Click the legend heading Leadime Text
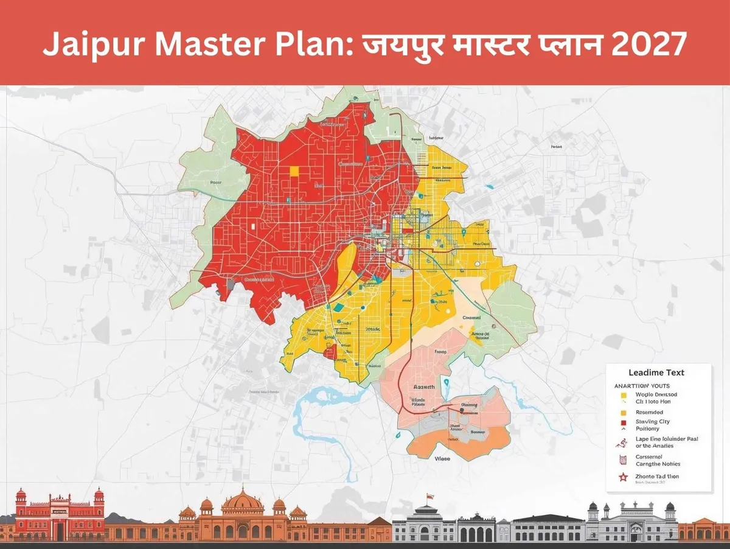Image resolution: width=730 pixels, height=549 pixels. click(656, 372)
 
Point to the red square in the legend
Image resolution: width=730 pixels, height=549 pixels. click(623, 422)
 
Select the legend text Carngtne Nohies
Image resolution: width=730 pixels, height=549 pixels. click(657, 464)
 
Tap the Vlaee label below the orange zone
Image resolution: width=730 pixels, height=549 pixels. click(442, 459)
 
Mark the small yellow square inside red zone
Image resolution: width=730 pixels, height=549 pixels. click(295, 171)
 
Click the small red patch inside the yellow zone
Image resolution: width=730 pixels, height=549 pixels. click(330, 352)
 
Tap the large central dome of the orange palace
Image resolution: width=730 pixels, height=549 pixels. click(242, 502)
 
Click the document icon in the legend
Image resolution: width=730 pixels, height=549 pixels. click(623, 460)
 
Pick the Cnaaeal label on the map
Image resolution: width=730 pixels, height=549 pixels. click(471, 318)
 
